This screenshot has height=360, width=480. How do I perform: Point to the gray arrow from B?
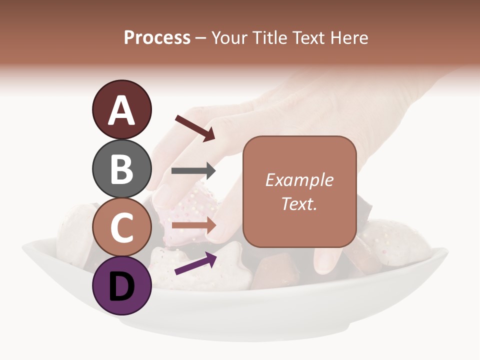click(x=193, y=171)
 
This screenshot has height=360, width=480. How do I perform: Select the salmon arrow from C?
click(x=193, y=225)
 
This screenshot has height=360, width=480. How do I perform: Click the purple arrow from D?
click(x=195, y=264)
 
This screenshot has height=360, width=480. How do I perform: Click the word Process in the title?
click(x=157, y=37)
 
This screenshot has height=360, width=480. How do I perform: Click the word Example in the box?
click(x=299, y=180)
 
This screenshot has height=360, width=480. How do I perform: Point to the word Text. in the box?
click(x=299, y=203)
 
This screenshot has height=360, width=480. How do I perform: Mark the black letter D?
click(x=121, y=286)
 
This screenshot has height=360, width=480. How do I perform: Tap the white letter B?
click(x=121, y=169)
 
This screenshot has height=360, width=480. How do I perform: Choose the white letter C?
click(x=121, y=228)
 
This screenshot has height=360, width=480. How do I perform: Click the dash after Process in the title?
click(x=201, y=38)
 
